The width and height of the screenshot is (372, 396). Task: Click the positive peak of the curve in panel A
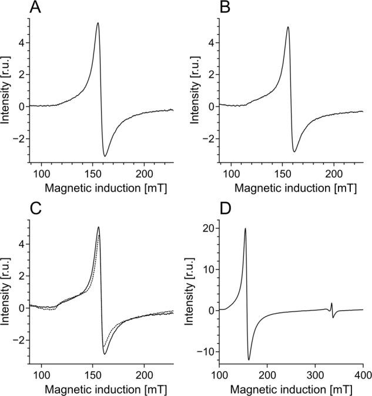pos(98,24)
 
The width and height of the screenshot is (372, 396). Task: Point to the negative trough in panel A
pos(105,156)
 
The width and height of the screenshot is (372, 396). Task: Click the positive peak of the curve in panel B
pos(287,27)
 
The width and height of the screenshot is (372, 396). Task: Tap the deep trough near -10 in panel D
pos(249,359)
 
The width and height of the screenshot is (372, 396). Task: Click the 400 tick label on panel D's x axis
pos(363,376)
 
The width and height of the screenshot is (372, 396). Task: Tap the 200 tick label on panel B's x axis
pos(334,175)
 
